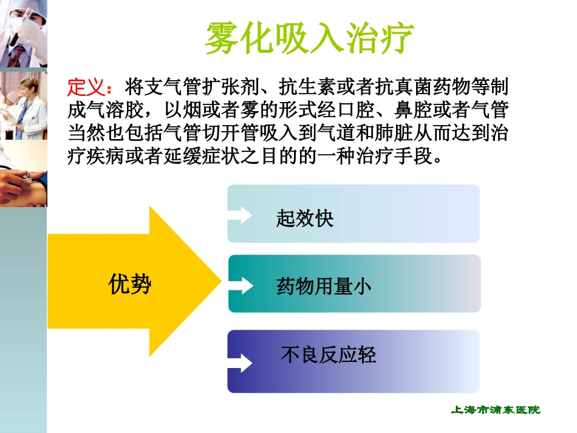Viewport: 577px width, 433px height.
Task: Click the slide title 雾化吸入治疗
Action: (309, 38)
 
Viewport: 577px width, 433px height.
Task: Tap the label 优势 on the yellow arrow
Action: (130, 284)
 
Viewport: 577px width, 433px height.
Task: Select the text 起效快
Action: (304, 219)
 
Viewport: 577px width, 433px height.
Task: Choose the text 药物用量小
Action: (324, 286)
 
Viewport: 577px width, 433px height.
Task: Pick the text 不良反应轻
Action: (329, 355)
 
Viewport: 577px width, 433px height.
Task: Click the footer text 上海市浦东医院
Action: (496, 410)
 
